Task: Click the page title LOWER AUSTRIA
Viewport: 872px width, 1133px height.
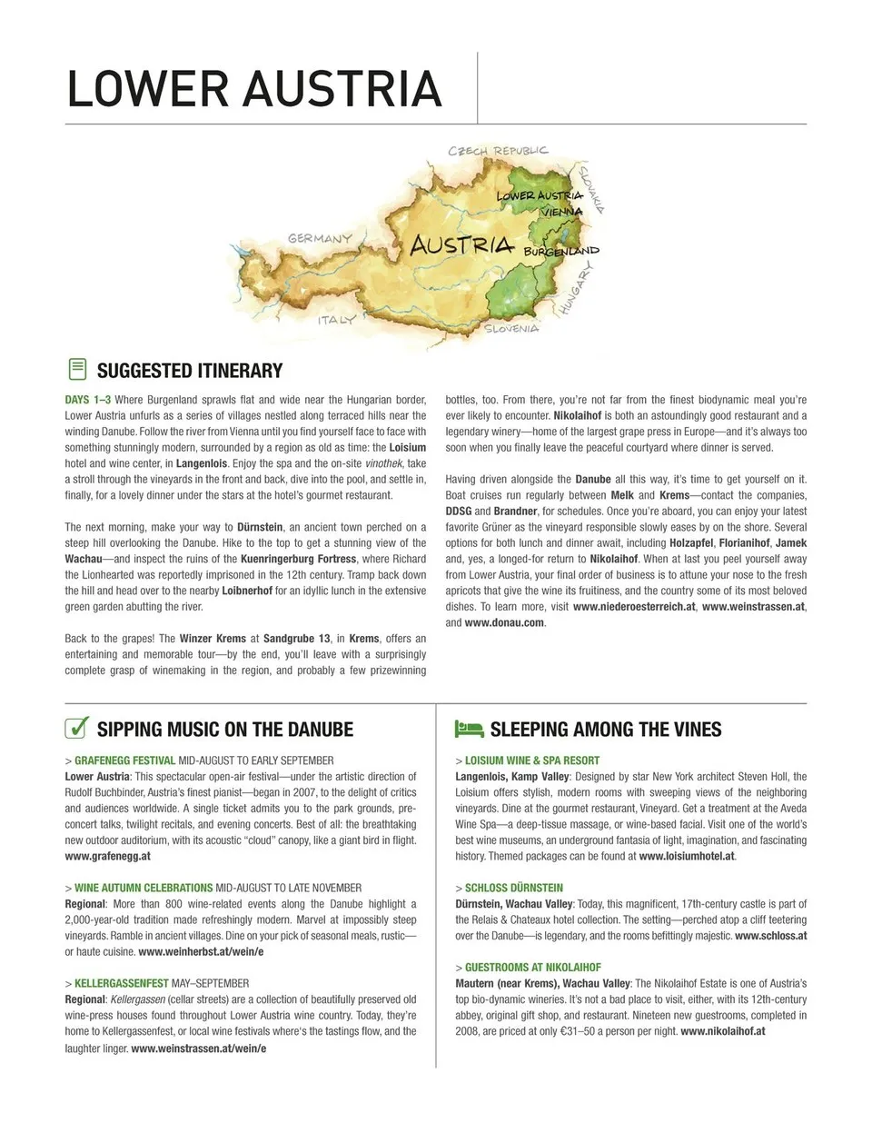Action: point(254,88)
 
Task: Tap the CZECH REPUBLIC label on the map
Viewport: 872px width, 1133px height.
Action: point(498,150)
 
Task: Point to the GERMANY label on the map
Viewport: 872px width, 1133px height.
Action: point(320,239)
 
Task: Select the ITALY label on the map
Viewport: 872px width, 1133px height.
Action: point(336,320)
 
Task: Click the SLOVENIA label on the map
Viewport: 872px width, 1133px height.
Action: point(511,328)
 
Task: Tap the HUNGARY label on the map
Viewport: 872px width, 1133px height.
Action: point(575,288)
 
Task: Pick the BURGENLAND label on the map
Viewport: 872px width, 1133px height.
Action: point(560,250)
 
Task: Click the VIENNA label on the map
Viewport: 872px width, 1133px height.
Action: point(560,211)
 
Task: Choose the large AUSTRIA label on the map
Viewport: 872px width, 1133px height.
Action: point(461,244)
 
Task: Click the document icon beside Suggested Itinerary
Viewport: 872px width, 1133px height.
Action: point(77,369)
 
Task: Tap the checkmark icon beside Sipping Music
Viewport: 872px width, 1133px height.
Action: point(77,728)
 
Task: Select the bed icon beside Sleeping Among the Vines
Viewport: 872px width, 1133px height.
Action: point(469,729)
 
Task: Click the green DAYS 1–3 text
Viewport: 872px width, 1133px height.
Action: point(88,400)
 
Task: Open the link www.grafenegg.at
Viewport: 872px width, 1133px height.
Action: point(108,856)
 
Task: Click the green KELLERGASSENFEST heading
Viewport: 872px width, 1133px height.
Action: point(122,983)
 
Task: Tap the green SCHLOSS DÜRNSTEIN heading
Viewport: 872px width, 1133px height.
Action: point(514,888)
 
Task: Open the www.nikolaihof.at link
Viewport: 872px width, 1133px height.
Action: point(722,1031)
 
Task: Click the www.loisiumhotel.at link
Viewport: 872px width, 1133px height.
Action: point(687,856)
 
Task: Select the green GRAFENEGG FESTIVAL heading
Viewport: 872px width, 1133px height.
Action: point(125,760)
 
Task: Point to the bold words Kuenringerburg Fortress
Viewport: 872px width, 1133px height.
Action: point(298,559)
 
